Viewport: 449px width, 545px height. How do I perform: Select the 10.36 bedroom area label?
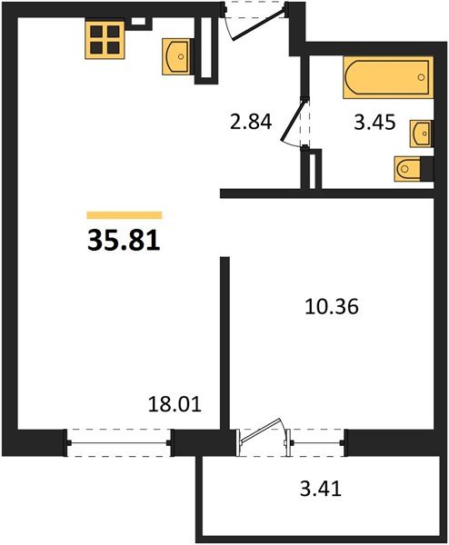coord(331,308)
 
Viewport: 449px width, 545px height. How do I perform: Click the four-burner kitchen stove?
coord(105,40)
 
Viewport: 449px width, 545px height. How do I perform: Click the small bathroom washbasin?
coord(422,133)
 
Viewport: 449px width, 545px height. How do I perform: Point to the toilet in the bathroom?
coord(410,169)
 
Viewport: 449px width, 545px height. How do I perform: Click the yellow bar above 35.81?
coord(125,215)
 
